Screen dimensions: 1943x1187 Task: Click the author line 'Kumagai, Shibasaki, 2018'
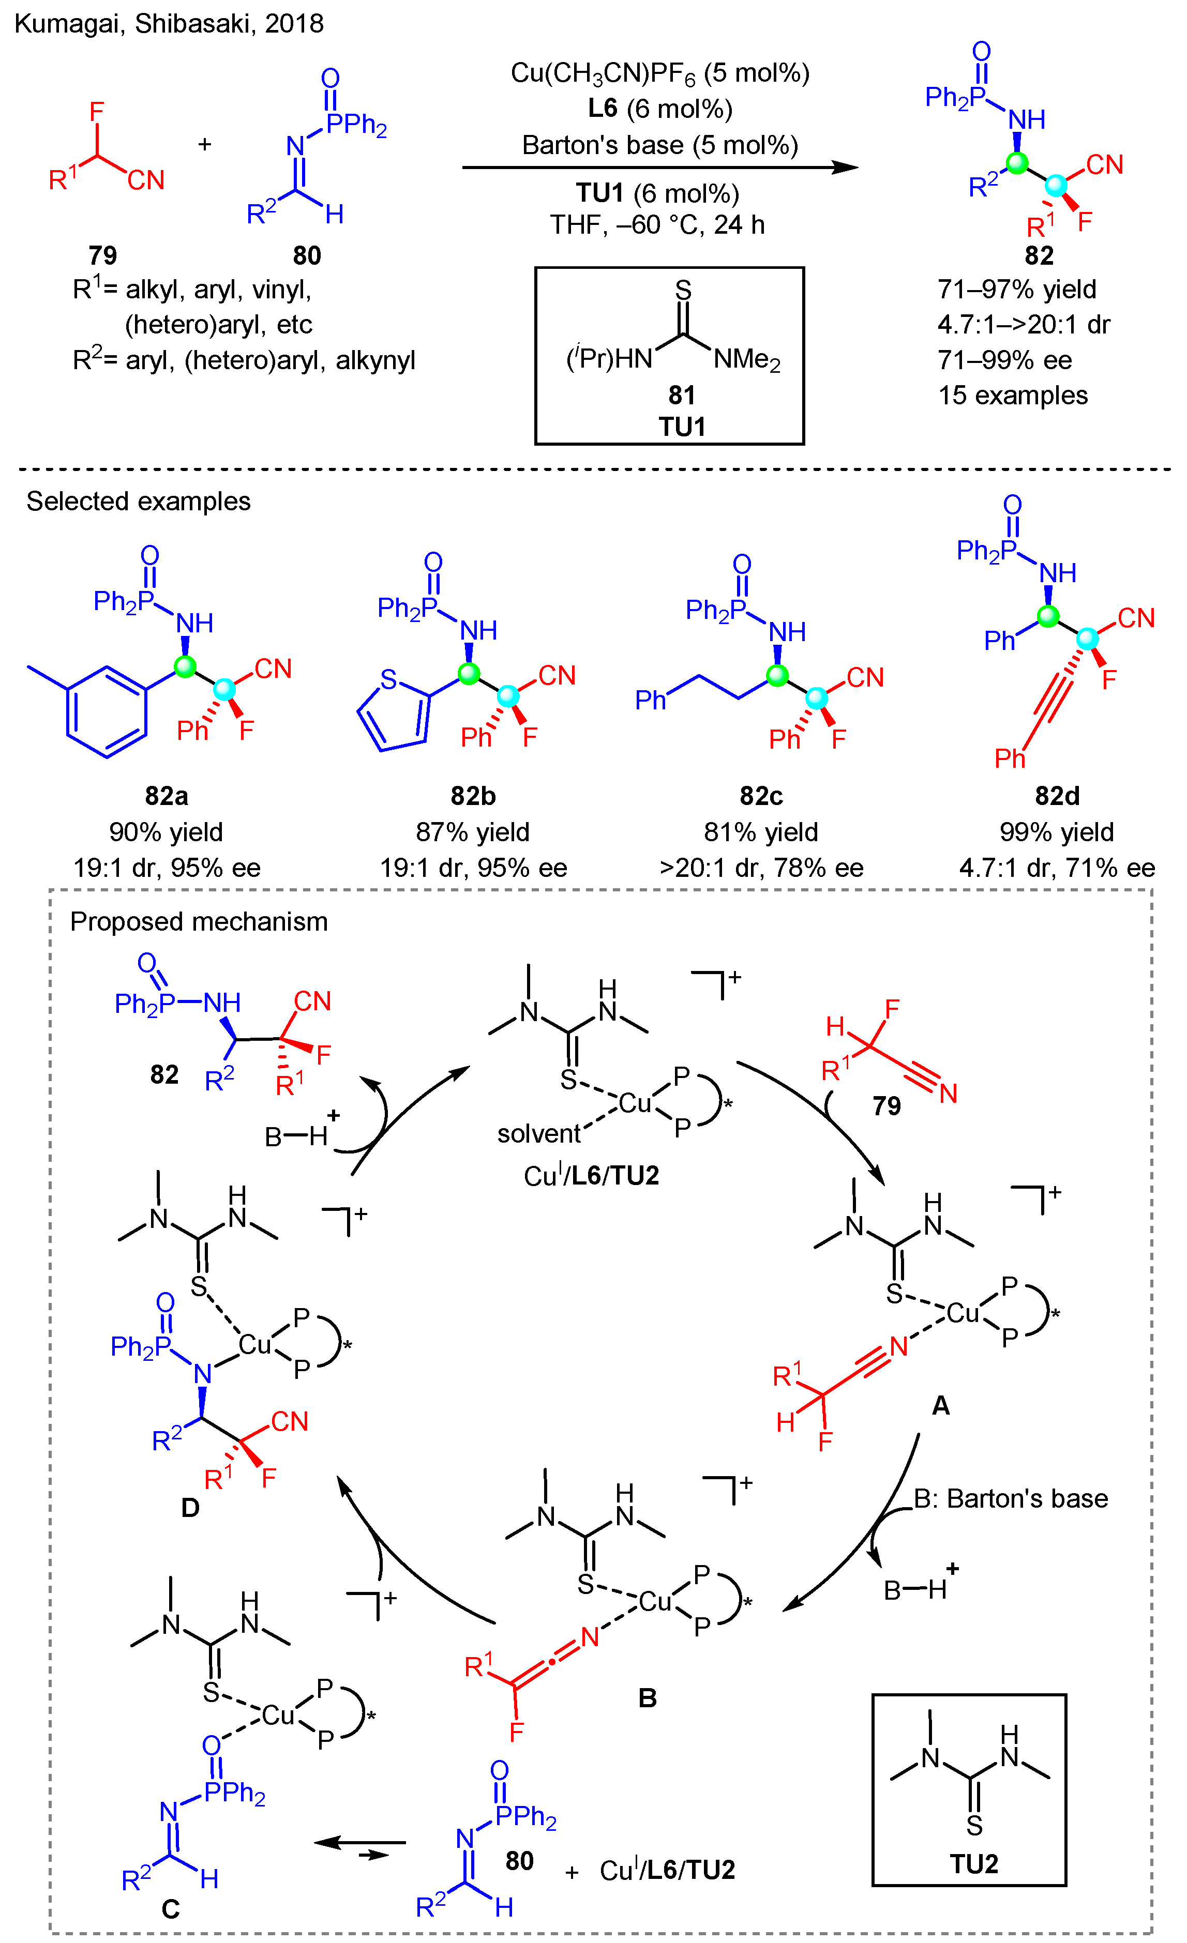[x=169, y=24]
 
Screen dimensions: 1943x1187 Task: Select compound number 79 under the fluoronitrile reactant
[x=102, y=255]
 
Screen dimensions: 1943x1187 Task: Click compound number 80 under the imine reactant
[x=307, y=255]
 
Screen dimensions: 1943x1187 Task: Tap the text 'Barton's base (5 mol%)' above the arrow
[x=659, y=145]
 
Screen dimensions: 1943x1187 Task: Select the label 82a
[x=167, y=796]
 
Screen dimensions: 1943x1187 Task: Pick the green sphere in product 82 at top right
[x=1017, y=164]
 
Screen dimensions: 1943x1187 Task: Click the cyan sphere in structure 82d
[x=1087, y=639]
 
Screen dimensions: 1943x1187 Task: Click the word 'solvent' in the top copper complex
[x=539, y=1133]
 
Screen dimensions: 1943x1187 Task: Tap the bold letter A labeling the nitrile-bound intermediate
[x=940, y=1405]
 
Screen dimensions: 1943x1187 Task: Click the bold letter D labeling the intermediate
[x=190, y=1508]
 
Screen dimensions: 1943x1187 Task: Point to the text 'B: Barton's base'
[x=1010, y=1498]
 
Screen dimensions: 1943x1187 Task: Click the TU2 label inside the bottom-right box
[x=973, y=1863]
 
